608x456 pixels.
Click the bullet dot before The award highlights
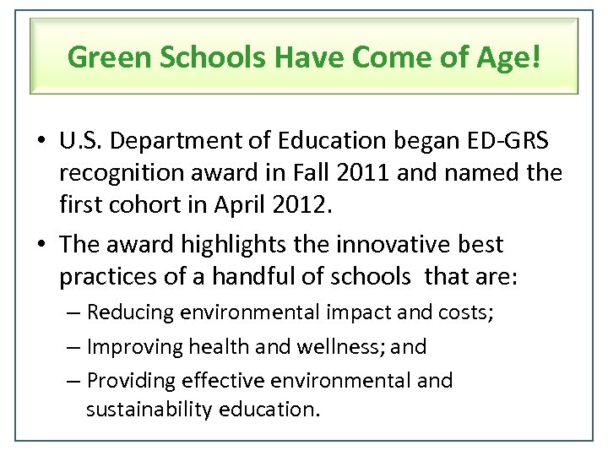(x=42, y=245)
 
